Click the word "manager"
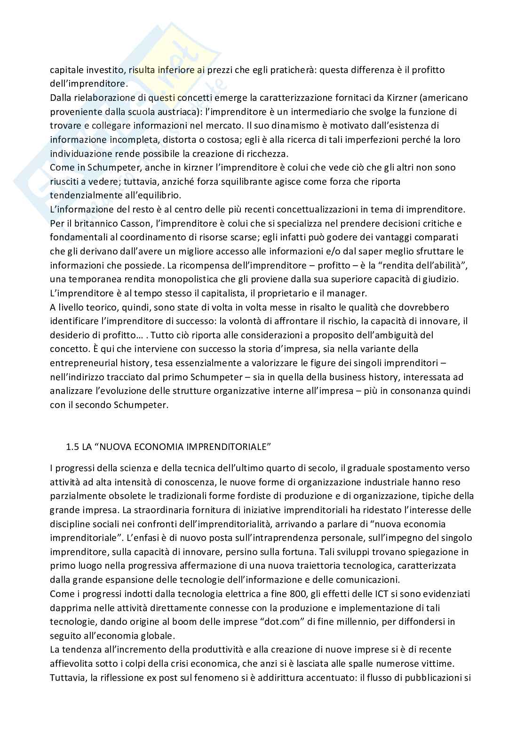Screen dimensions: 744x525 pos(349,294)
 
